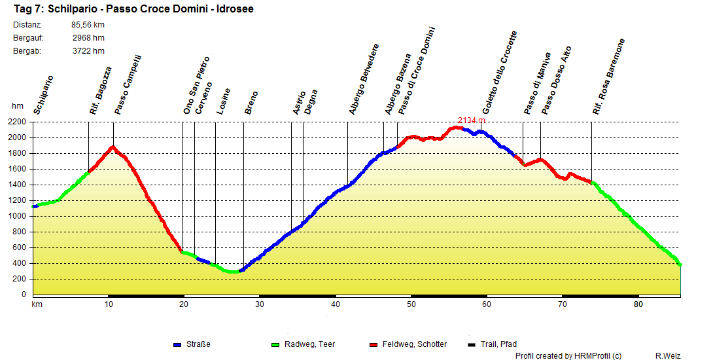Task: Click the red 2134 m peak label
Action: pos(471,120)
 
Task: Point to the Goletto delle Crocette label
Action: pos(499,73)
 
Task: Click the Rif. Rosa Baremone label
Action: pos(608,77)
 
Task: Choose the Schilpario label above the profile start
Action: pos(43,95)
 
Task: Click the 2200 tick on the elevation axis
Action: pos(18,122)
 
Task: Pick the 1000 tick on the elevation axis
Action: pos(18,216)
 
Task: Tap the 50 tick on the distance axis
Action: pos(411,304)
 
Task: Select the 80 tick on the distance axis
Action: pos(638,304)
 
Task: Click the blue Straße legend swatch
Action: pos(177,344)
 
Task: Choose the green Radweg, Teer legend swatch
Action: pos(274,344)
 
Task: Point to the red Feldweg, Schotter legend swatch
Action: pos(374,344)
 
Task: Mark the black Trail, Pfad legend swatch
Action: pos(472,344)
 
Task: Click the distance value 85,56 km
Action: pos(88,25)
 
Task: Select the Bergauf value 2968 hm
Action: pos(88,38)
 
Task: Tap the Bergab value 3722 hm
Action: pos(88,51)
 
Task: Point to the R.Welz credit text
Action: pos(669,355)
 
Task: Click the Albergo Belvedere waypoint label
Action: pos(364,80)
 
